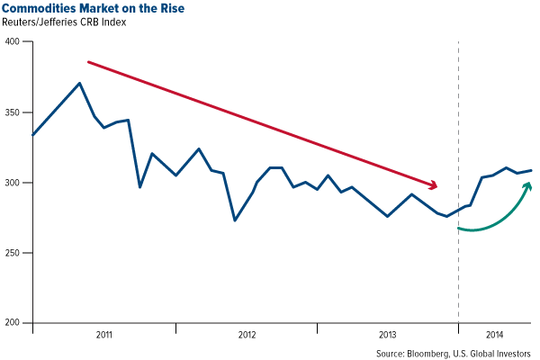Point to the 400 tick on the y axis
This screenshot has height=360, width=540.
(x=14, y=42)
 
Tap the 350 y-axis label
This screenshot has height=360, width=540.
(x=14, y=112)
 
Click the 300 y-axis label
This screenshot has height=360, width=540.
(x=14, y=183)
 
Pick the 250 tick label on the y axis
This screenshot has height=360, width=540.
(x=14, y=253)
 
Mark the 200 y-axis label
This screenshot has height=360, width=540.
(x=14, y=323)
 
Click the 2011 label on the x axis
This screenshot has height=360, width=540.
(x=103, y=334)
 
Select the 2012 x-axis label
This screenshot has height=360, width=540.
(x=247, y=334)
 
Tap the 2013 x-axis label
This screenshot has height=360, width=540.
(x=388, y=334)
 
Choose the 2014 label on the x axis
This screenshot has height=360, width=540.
(x=495, y=334)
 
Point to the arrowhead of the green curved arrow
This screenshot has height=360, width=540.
(x=527, y=185)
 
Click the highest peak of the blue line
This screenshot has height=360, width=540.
(x=80, y=84)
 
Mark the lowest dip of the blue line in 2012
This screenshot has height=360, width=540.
(x=235, y=220)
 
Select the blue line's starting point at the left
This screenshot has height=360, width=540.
(x=32, y=135)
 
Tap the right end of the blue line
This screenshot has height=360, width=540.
(x=531, y=170)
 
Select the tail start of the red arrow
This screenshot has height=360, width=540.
(x=87, y=62)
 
